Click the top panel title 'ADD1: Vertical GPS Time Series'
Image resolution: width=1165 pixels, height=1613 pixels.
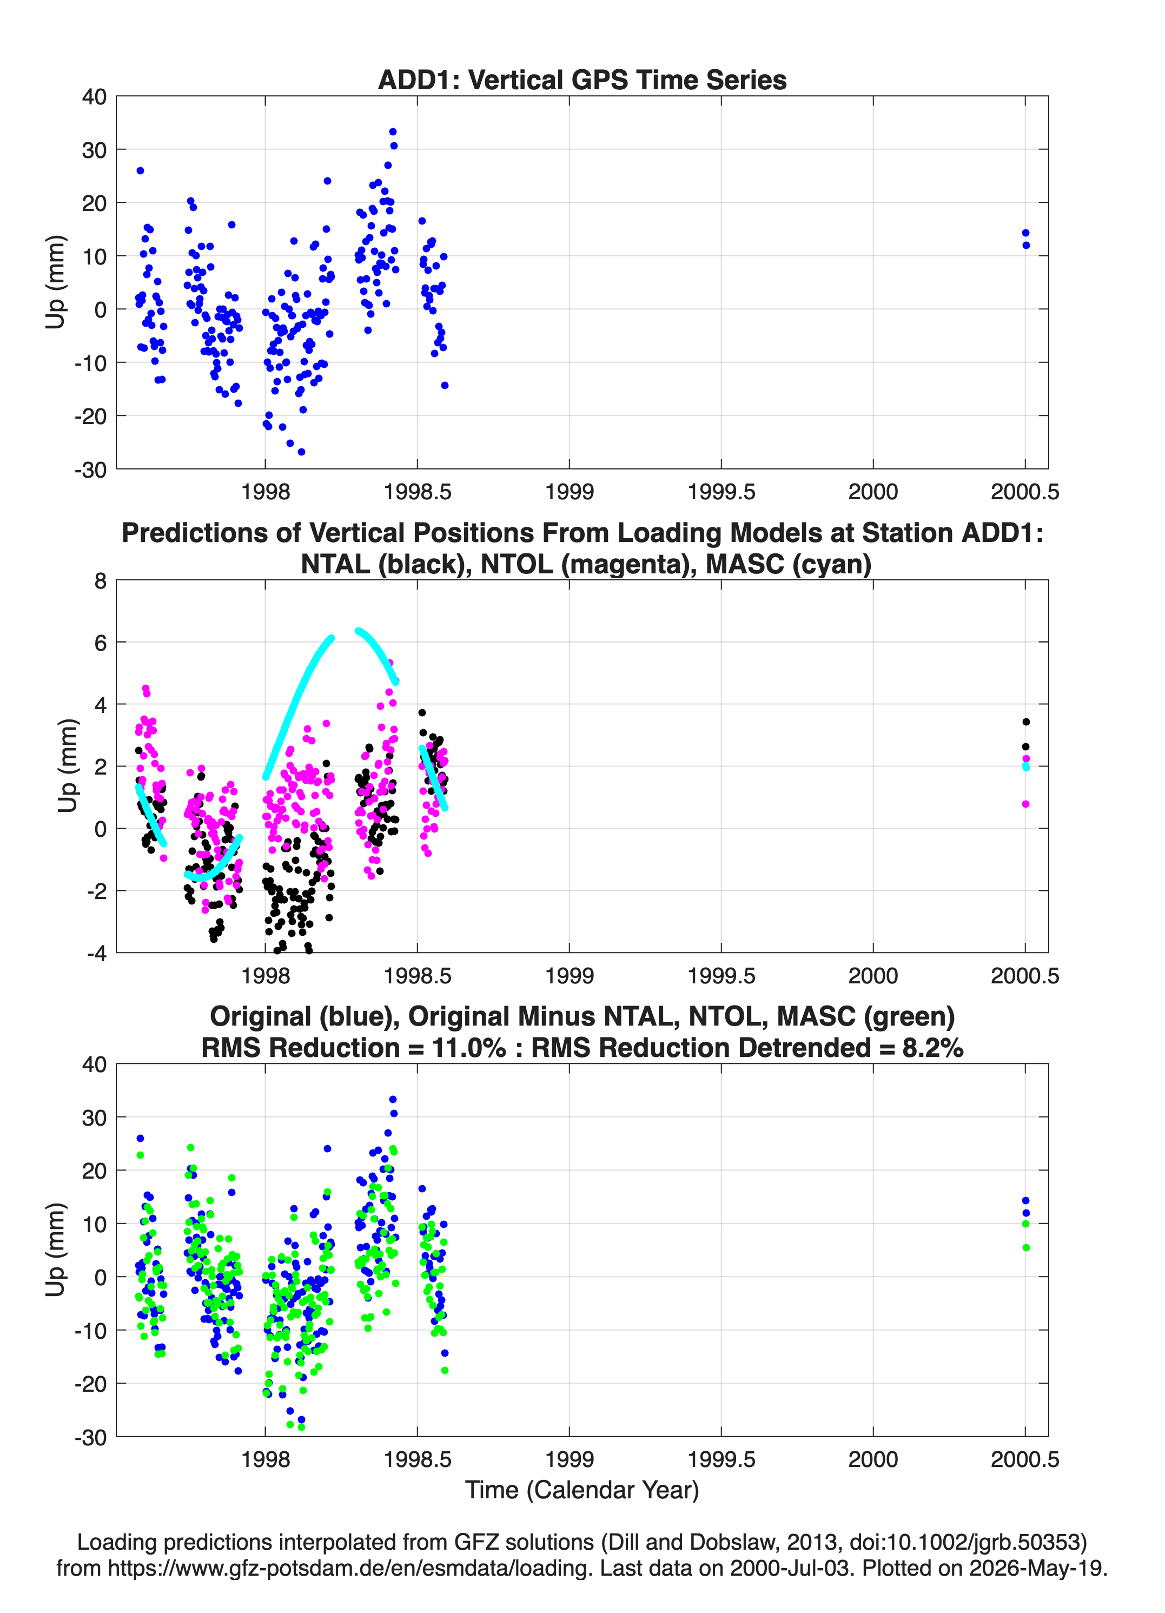click(x=582, y=80)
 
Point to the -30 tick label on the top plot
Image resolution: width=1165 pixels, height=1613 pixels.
click(x=90, y=470)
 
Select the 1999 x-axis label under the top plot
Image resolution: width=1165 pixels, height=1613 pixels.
click(x=569, y=492)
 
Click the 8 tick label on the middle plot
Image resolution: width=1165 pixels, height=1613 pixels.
click(x=100, y=581)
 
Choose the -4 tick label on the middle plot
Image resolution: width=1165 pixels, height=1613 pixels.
click(x=97, y=953)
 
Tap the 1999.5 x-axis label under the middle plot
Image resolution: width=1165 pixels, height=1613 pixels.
click(x=721, y=975)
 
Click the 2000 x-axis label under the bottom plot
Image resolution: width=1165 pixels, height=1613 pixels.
click(x=873, y=1459)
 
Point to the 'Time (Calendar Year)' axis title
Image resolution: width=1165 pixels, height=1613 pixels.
click(x=582, y=1489)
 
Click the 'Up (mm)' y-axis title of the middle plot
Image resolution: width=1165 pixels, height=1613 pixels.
click(x=67, y=766)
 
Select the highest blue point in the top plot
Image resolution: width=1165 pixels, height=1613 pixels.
click(x=393, y=131)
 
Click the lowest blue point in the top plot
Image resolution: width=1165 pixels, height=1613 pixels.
click(x=302, y=452)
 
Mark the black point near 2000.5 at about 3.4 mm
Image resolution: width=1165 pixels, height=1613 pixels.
click(x=1025, y=722)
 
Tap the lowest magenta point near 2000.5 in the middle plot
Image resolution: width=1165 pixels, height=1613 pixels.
click(x=1025, y=804)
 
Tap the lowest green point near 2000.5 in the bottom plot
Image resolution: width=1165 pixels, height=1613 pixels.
click(x=1025, y=1247)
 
